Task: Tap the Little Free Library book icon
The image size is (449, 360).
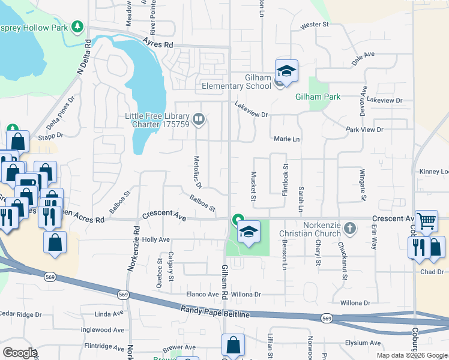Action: tap(200, 120)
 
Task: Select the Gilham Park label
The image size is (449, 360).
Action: tap(318, 97)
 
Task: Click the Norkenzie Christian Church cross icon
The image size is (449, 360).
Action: tap(351, 229)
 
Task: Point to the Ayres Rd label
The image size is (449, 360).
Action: tap(158, 43)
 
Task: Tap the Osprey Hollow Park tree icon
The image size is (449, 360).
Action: tap(77, 27)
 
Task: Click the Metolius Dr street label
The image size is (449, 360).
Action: tap(197, 172)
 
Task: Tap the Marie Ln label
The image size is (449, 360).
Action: tap(286, 139)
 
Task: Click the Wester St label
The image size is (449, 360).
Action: tap(315, 25)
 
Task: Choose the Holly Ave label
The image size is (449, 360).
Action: tap(156, 239)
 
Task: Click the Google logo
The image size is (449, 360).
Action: tap(20, 353)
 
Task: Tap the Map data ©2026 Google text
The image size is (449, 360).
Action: tap(411, 355)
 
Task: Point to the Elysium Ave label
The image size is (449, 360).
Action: tap(363, 343)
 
